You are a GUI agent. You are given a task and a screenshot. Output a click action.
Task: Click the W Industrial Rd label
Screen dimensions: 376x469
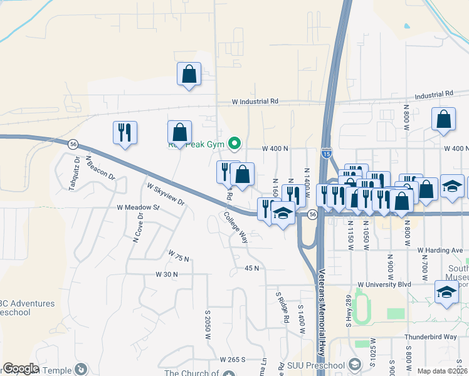click(255, 101)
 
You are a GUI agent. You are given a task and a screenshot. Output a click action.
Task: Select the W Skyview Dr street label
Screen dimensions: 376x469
click(166, 194)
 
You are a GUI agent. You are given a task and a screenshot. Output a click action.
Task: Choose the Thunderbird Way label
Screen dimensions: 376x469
click(432, 337)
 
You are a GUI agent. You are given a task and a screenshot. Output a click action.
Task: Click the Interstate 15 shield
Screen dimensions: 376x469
click(325, 152)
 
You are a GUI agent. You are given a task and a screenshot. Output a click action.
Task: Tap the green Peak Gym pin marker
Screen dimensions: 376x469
click(234, 144)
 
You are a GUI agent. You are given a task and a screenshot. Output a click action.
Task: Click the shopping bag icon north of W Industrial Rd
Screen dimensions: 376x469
click(189, 75)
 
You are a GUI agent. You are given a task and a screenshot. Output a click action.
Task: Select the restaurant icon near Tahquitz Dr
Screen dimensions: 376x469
click(125, 132)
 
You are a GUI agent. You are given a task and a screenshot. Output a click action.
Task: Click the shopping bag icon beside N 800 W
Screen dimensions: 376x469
click(443, 120)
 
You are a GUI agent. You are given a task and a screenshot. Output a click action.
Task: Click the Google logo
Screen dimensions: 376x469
click(21, 368)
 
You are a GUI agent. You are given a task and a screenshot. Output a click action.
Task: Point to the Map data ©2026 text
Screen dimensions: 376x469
click(443, 371)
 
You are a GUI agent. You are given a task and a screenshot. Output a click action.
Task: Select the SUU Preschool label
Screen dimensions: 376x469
click(316, 365)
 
